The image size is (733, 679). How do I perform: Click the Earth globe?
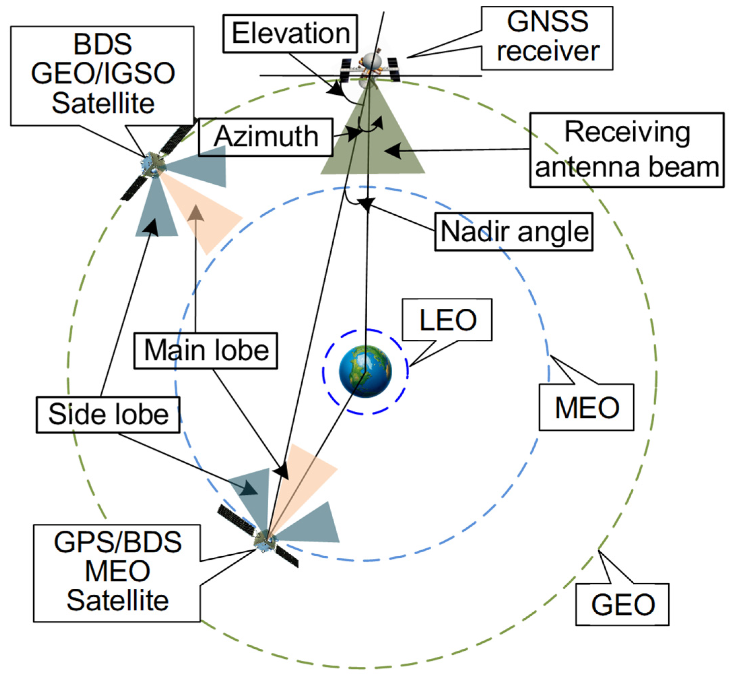[x=365, y=371]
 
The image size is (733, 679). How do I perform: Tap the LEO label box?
[x=447, y=319]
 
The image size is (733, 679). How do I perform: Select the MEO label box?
[x=586, y=407]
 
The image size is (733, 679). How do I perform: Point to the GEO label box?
[x=622, y=605]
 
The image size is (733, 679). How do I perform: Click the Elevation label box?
[x=290, y=33]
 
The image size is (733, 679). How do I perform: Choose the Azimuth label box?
[x=265, y=137]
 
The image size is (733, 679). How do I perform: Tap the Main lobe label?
[x=205, y=350]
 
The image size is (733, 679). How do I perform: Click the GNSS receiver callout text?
[x=547, y=37]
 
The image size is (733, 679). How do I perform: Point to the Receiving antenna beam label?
[x=626, y=150]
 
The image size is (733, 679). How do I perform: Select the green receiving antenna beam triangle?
[x=382, y=147]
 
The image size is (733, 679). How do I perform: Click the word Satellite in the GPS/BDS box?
[x=118, y=601]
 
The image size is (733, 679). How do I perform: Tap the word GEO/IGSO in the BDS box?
[x=103, y=73]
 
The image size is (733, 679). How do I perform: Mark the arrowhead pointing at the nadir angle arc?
[x=366, y=203]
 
